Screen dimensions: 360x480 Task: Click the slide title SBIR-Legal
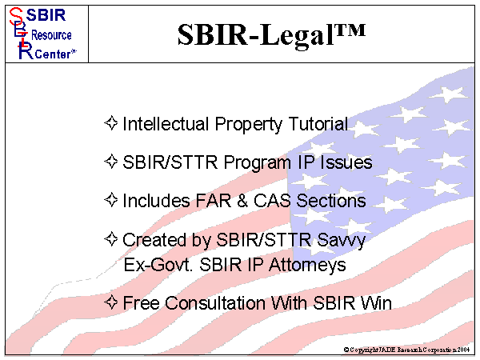click(x=271, y=33)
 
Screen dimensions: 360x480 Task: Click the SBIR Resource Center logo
click(x=43, y=32)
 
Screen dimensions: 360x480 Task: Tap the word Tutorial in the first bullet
click(x=318, y=124)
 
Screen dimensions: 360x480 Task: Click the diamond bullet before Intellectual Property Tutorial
click(x=112, y=124)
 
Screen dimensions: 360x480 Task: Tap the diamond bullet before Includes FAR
click(x=112, y=201)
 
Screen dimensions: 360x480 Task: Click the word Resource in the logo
click(x=51, y=35)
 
